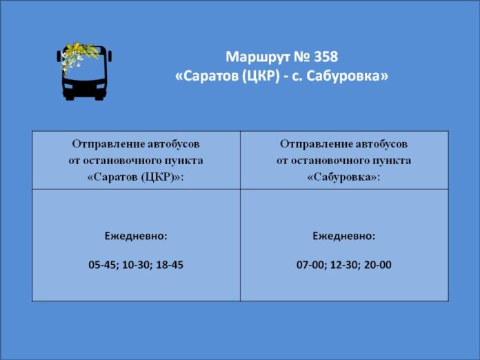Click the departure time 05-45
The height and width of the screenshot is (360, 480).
pos(102,265)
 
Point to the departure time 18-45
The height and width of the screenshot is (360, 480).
pos(170,265)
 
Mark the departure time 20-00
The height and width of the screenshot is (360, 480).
pos(378,265)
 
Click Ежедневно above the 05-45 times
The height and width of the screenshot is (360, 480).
pos(136,237)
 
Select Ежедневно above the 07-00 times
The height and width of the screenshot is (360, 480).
pos(343,237)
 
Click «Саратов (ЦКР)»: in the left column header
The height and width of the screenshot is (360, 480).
pos(136,177)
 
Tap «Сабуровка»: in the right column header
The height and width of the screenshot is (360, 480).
pos(343,177)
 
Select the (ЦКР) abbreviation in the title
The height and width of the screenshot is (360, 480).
pos(261,77)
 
